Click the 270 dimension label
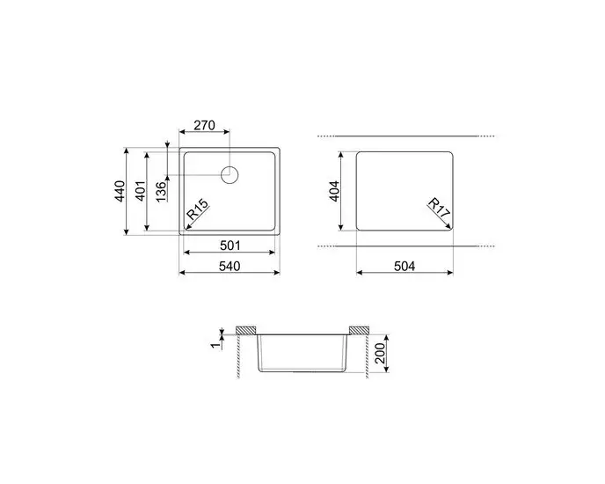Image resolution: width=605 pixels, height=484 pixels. (204, 125)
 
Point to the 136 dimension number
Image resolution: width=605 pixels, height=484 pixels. (159, 191)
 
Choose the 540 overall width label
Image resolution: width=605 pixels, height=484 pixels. (230, 264)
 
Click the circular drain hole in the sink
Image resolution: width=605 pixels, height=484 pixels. (230, 173)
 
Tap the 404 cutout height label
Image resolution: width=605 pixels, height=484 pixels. (335, 191)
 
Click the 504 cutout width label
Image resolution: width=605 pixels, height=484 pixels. (405, 264)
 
